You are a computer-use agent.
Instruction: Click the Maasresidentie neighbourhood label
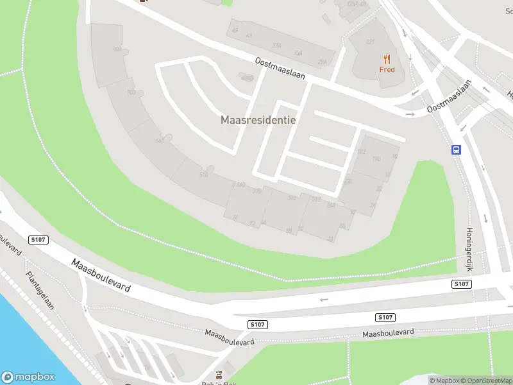[x=258, y=120]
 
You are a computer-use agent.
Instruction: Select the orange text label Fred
[x=387, y=69]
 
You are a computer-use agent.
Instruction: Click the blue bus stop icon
[x=456, y=150]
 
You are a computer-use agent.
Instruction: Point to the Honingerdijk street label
[x=469, y=248]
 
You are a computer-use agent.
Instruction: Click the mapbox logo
[x=28, y=377]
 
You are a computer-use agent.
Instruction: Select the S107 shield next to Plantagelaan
[x=38, y=239]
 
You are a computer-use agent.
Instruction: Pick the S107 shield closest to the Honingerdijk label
[x=461, y=284]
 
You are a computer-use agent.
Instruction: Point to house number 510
[x=204, y=175]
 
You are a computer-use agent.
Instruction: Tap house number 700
[x=131, y=92]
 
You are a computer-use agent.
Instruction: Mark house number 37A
[x=277, y=46]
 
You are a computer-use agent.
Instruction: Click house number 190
[x=376, y=158]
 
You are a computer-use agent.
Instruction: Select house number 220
[x=348, y=181]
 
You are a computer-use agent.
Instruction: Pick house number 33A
[x=297, y=53]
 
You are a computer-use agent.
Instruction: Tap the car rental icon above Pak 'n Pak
[x=220, y=375]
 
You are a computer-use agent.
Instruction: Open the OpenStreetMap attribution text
[x=485, y=381]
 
